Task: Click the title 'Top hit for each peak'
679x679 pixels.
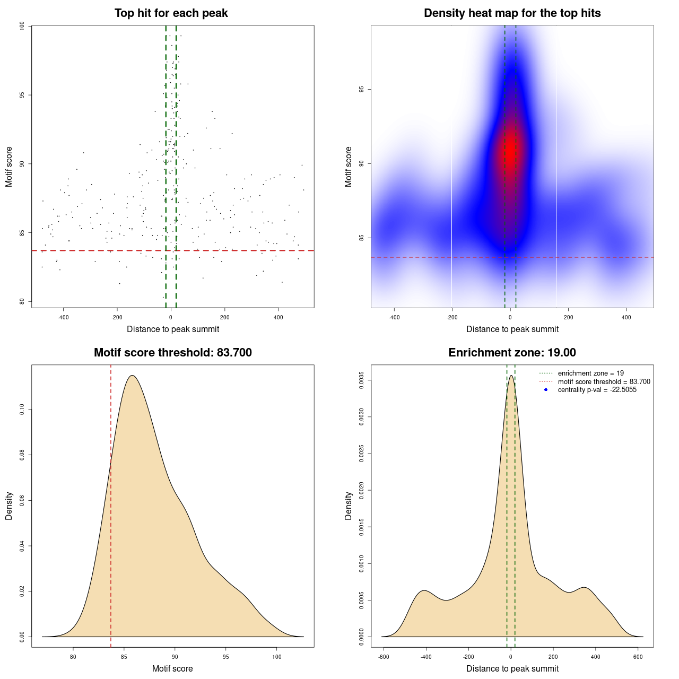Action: (x=171, y=13)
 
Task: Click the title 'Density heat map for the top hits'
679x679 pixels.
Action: (x=512, y=13)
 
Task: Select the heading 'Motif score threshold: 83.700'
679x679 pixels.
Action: (x=172, y=353)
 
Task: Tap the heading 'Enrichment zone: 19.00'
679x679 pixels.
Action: (x=512, y=353)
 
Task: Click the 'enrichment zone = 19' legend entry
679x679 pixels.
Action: (x=590, y=373)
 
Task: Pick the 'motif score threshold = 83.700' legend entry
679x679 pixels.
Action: (x=604, y=382)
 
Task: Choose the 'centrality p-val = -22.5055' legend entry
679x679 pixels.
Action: (x=597, y=390)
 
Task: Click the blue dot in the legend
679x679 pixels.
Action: (x=546, y=390)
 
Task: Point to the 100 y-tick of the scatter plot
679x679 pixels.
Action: (x=22, y=26)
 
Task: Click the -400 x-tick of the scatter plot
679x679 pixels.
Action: (x=63, y=318)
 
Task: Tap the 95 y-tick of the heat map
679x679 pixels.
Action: (x=361, y=89)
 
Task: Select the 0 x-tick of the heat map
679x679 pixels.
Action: (x=510, y=318)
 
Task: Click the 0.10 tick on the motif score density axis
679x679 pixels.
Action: (x=22, y=410)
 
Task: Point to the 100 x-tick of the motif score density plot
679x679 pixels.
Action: (x=276, y=657)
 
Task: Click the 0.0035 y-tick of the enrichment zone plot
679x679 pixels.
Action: (x=361, y=380)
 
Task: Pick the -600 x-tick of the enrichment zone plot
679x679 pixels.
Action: (x=384, y=657)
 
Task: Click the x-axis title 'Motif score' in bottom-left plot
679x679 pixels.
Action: (x=172, y=668)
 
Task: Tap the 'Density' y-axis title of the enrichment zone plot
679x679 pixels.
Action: (x=349, y=506)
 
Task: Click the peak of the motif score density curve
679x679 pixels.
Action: (x=132, y=376)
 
